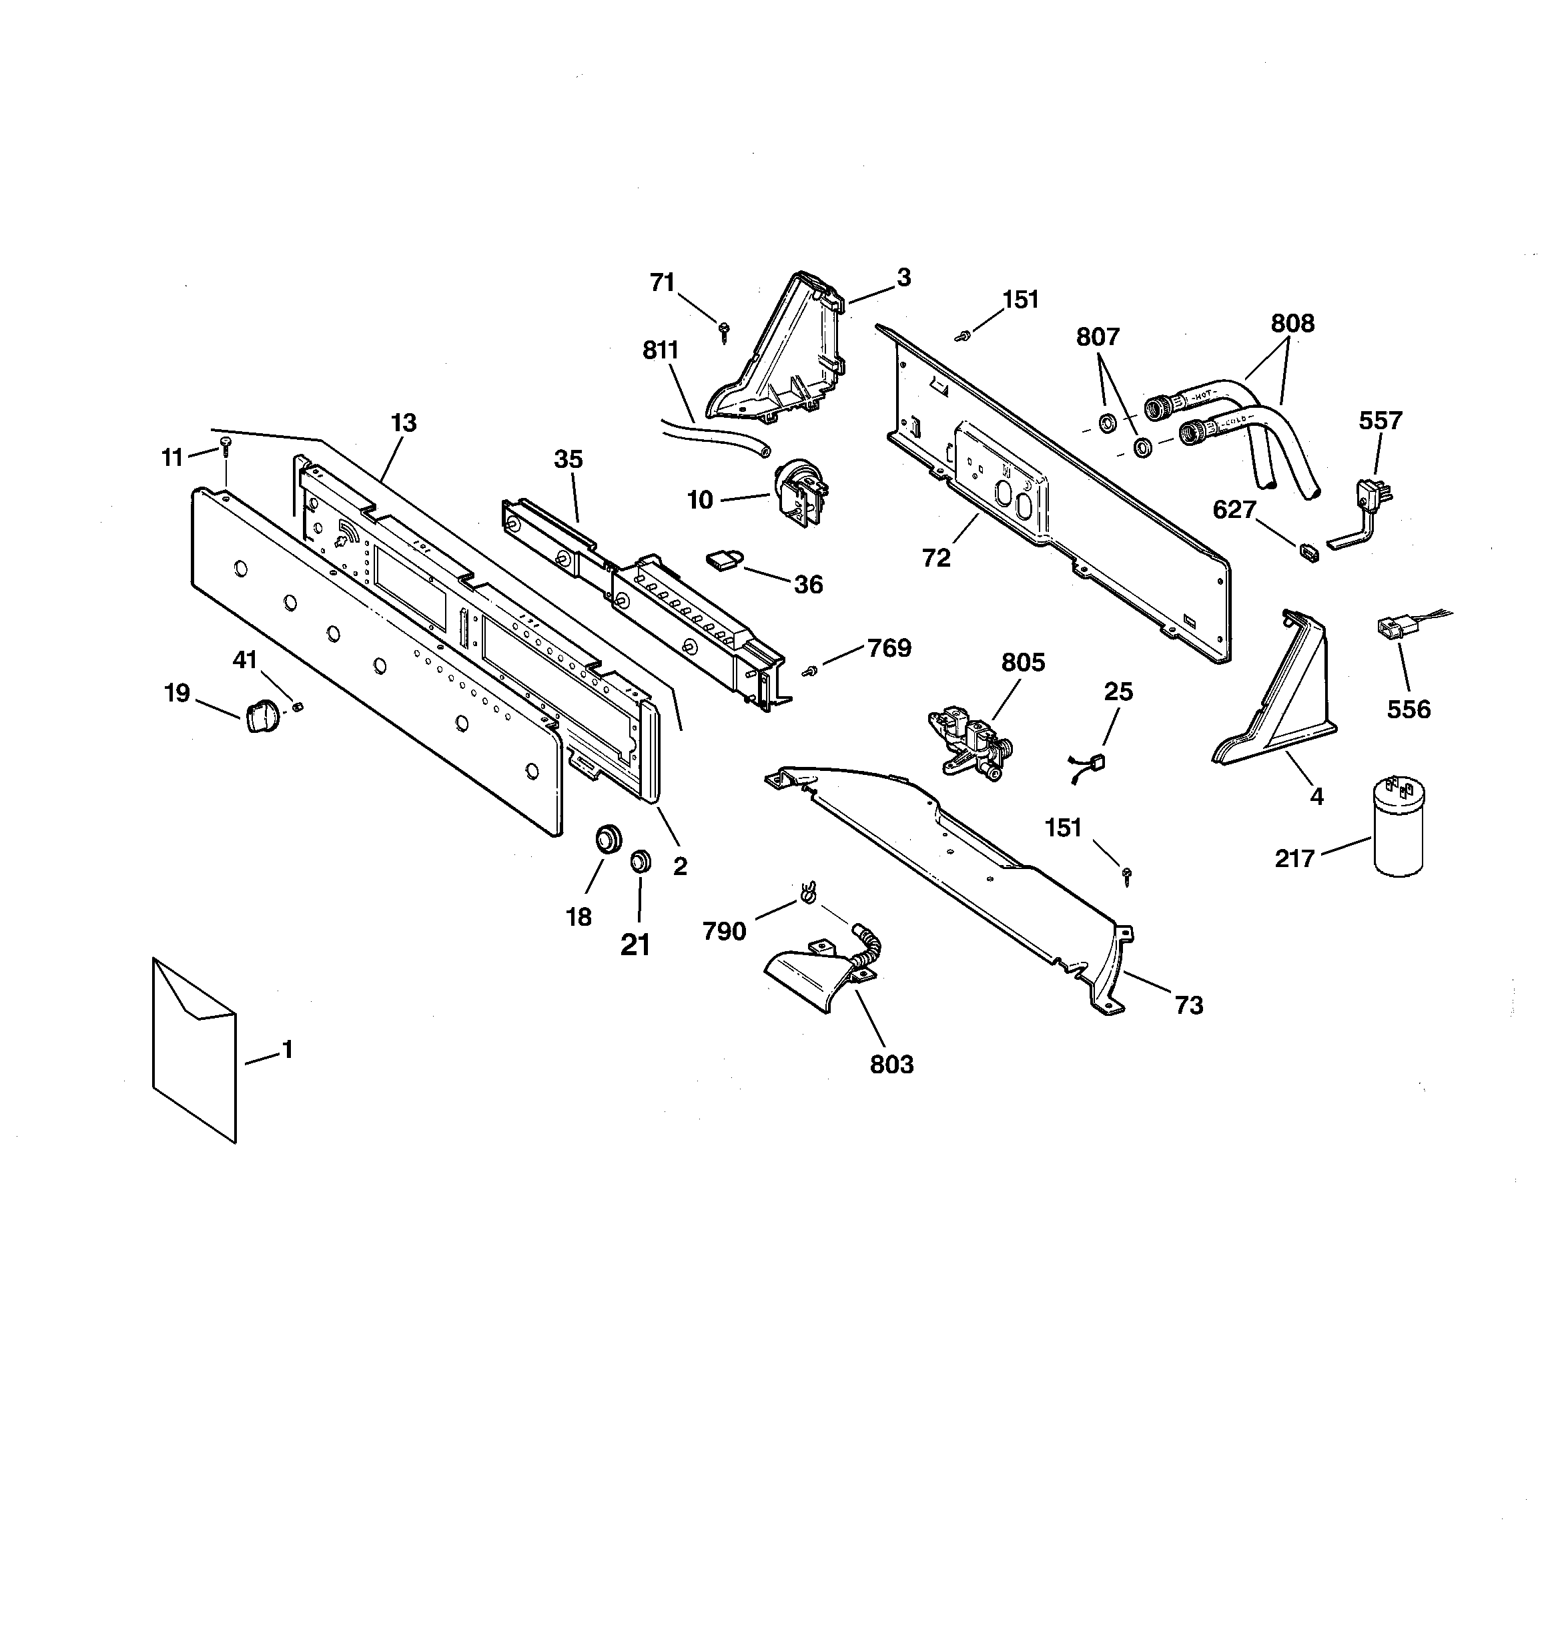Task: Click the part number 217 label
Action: pyautogui.click(x=1294, y=858)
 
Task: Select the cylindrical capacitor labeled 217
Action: pyautogui.click(x=1399, y=826)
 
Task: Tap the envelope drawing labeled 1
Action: pyautogui.click(x=194, y=1051)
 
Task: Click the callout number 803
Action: pyautogui.click(x=891, y=1065)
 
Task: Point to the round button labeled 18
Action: pyautogui.click(x=607, y=837)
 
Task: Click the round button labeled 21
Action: pyautogui.click(x=640, y=861)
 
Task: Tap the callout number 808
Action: pyautogui.click(x=1293, y=323)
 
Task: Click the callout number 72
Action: pyautogui.click(x=936, y=559)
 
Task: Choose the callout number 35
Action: pyautogui.click(x=568, y=459)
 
